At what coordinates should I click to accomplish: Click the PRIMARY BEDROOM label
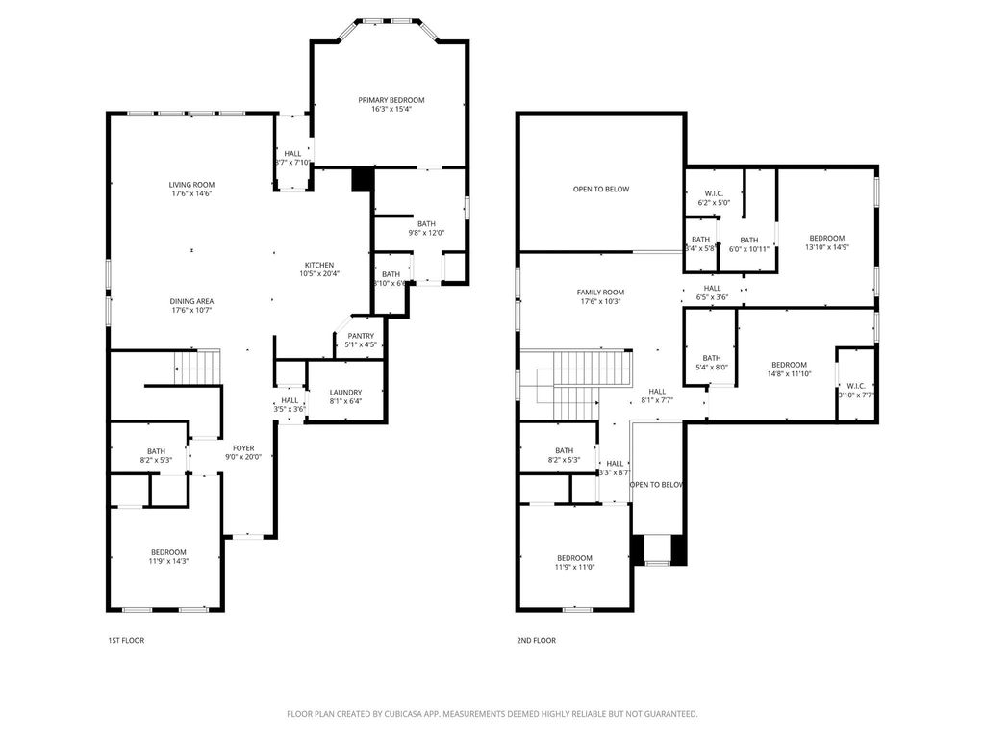(x=391, y=100)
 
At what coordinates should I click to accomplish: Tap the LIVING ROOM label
(x=191, y=185)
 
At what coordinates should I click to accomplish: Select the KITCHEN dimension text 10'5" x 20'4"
(x=319, y=274)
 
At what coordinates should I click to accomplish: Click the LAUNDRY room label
(x=345, y=392)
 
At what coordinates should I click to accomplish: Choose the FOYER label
(x=242, y=446)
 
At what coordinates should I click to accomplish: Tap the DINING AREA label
(x=191, y=301)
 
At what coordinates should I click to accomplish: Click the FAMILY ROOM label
(x=600, y=293)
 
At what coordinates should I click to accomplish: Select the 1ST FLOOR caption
(x=126, y=640)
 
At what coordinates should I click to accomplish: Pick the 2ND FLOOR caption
(x=537, y=640)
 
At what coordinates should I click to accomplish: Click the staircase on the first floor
(x=197, y=367)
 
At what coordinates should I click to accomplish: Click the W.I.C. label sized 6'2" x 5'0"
(x=714, y=197)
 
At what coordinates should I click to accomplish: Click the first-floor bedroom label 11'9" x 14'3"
(x=168, y=556)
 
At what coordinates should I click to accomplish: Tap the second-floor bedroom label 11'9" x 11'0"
(x=574, y=562)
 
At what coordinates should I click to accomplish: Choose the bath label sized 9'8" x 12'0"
(x=425, y=227)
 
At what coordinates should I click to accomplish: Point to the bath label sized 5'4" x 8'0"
(x=711, y=362)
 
